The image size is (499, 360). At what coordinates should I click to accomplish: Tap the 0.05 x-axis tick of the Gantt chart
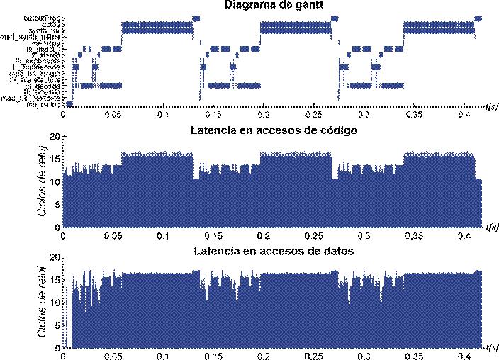(x=113, y=113)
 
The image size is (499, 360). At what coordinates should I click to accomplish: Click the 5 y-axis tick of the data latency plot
(x=56, y=327)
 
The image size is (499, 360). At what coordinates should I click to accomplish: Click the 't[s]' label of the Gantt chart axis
(x=490, y=107)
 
